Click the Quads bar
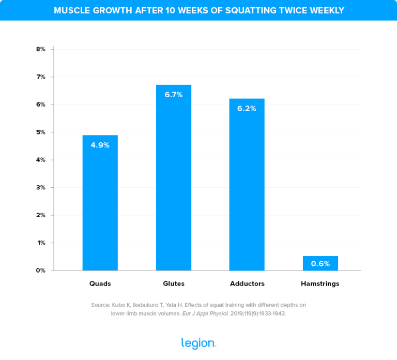[x=100, y=207]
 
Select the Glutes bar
[x=174, y=181]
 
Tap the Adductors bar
[x=247, y=191]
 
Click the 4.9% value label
[x=100, y=145]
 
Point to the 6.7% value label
[x=174, y=95]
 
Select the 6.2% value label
[x=247, y=109]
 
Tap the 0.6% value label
[x=320, y=263]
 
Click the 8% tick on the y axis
[x=41, y=49]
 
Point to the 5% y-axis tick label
[x=41, y=132]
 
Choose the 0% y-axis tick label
[x=41, y=271]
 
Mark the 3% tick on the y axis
[x=41, y=188]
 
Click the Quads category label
[x=100, y=284]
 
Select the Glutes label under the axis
[x=174, y=284]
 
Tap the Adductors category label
[x=247, y=284]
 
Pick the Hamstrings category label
[x=320, y=284]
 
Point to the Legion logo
[x=198, y=343]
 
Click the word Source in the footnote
[x=101, y=305]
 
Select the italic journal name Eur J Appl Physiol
[x=201, y=313]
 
